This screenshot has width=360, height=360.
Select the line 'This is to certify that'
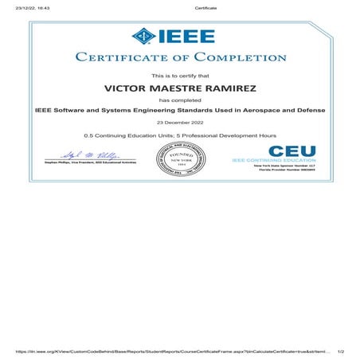180,74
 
